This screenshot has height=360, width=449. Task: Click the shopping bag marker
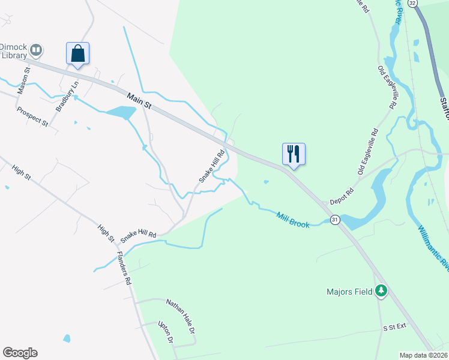tap(78, 53)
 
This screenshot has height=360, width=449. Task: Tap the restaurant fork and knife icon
tap(294, 154)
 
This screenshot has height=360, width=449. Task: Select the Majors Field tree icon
tap(381, 292)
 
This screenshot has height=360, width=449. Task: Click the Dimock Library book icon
tap(36, 50)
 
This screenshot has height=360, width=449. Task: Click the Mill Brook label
tap(292, 219)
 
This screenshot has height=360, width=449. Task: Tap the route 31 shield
tap(335, 220)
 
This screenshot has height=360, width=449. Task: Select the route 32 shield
tap(412, 3)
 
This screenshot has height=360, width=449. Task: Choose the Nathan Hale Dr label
tap(181, 316)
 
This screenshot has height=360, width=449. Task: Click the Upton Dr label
tap(165, 332)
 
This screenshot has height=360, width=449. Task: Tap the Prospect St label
tap(32, 116)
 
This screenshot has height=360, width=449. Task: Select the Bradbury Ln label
tap(67, 97)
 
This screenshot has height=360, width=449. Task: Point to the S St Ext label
tap(395, 328)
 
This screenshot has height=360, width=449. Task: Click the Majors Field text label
tap(350, 292)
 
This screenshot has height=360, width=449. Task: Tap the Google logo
tap(20, 353)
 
